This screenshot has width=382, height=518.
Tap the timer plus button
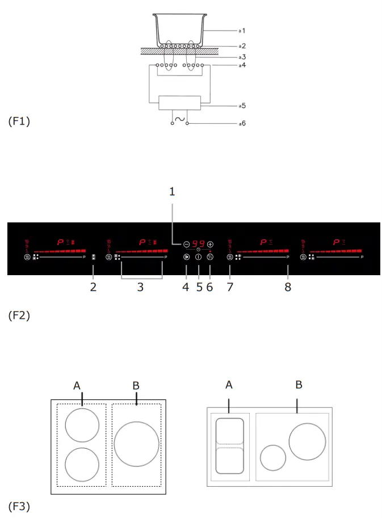[210, 243]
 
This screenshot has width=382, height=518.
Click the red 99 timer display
[199, 243]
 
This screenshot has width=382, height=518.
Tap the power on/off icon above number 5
[199, 257]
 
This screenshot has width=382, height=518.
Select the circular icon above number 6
[210, 257]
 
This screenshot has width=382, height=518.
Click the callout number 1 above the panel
[172, 192]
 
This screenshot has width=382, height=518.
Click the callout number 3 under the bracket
[140, 287]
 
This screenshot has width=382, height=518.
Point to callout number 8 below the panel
[288, 287]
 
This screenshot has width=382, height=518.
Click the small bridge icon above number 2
[94, 257]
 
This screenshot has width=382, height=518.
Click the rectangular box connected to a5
[179, 103]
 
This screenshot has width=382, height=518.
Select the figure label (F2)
[19, 315]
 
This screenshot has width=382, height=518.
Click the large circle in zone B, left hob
[136, 444]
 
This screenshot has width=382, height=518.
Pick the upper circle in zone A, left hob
[82, 425]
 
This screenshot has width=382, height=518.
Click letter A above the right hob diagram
[229, 385]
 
